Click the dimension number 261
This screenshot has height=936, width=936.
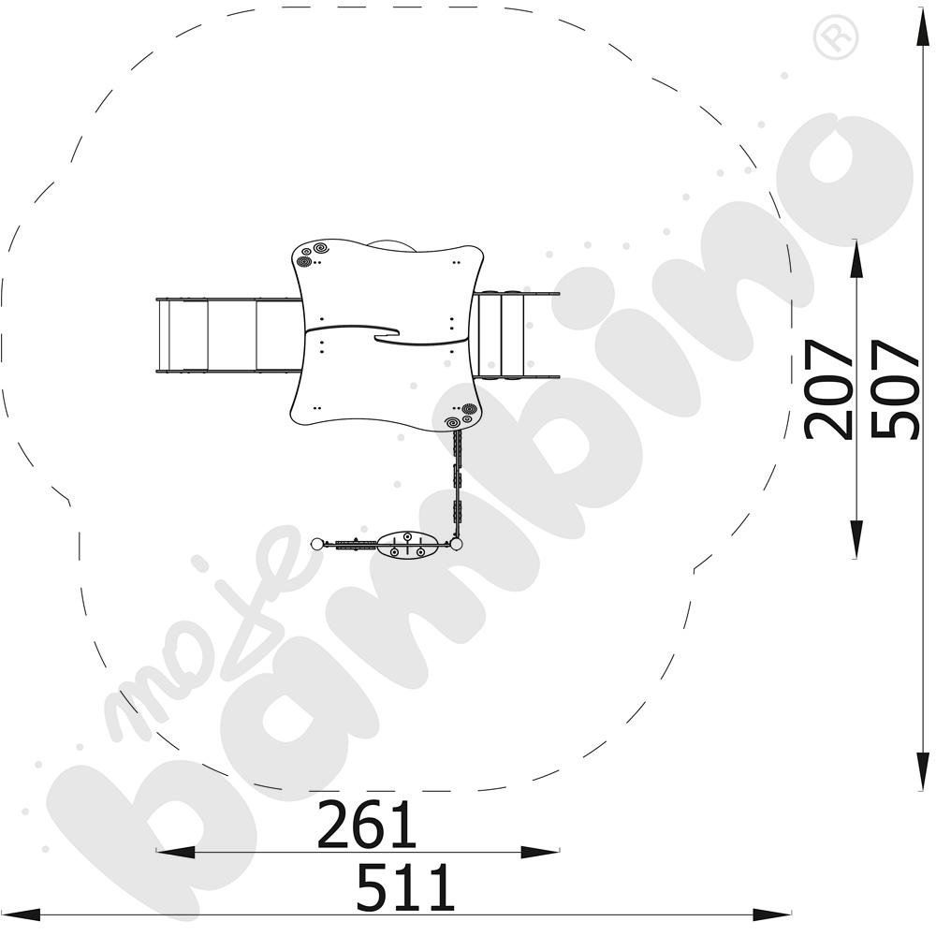coord(366,825)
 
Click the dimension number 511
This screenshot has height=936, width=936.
coord(405,885)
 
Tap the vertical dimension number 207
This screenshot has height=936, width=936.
coord(828,389)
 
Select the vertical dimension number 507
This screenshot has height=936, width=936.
coord(894,389)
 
